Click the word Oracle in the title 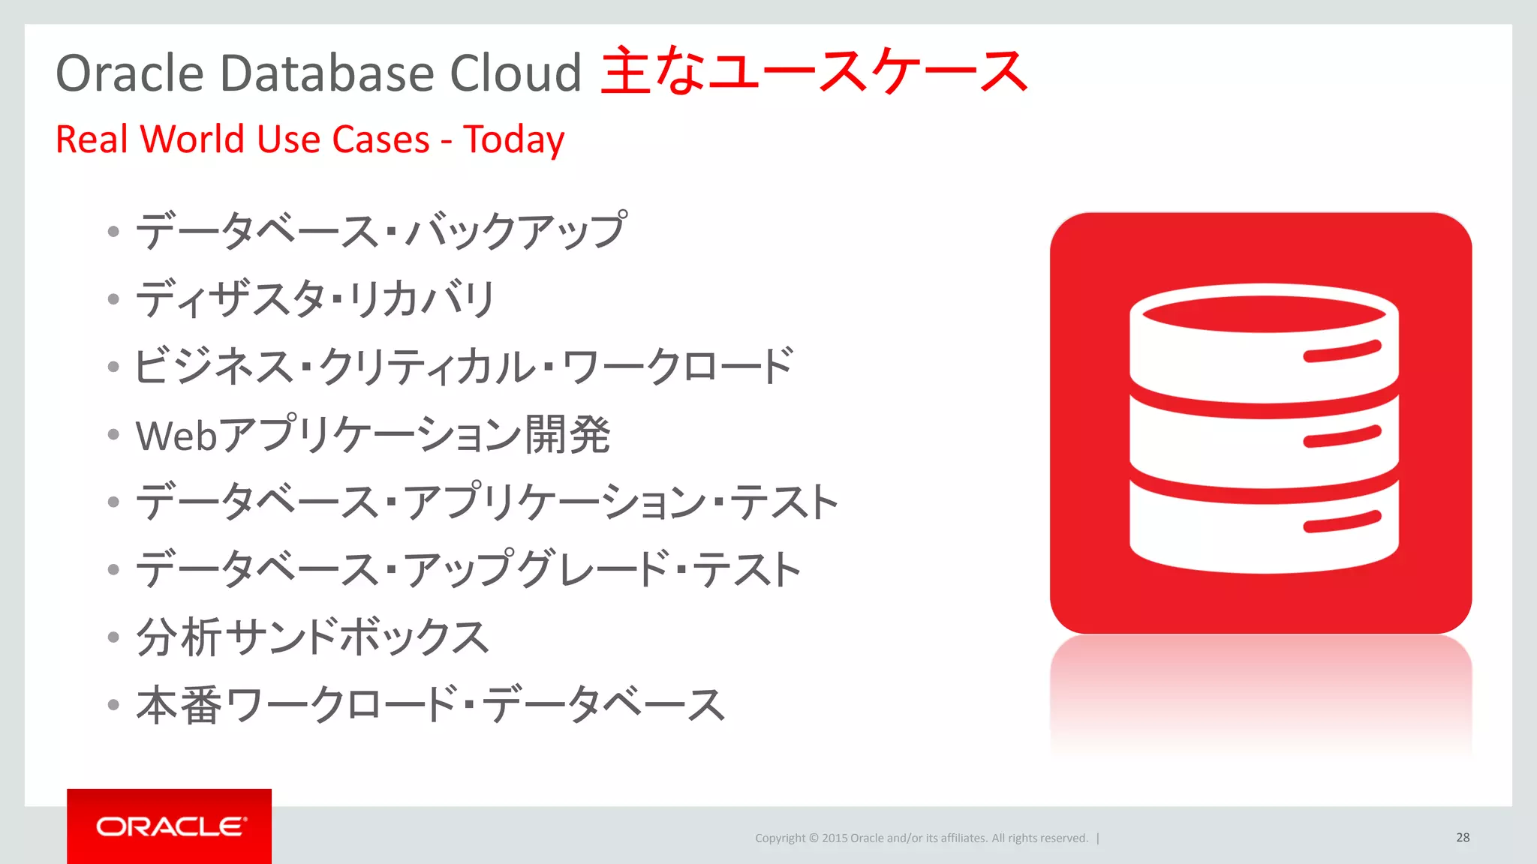pos(130,73)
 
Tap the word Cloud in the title pos(515,73)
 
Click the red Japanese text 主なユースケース pos(814,71)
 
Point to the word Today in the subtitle pos(513,140)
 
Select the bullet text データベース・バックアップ pos(380,230)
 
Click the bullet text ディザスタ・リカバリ pos(315,298)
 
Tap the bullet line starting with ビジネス pos(463,367)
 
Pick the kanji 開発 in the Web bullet pos(567,434)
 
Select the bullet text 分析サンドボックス pos(312,637)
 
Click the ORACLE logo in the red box pos(170,826)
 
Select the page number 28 pos(1462,838)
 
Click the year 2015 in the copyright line pos(834,838)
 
